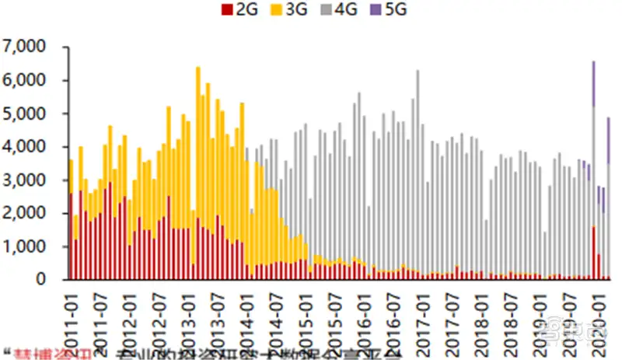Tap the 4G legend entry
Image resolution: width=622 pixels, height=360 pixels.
pyautogui.click(x=337, y=10)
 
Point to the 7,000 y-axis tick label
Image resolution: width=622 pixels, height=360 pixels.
pyautogui.click(x=25, y=47)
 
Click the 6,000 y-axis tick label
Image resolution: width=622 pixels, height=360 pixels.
pyautogui.click(x=25, y=81)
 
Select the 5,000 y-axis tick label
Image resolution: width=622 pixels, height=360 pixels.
pyautogui.click(x=25, y=114)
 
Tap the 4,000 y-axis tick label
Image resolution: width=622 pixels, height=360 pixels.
pyautogui.click(x=25, y=147)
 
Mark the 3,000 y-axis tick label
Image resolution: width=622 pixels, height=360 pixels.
pyautogui.click(x=25, y=180)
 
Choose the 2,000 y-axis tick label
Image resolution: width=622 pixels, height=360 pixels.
pyautogui.click(x=25, y=213)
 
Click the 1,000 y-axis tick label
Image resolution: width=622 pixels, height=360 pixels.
pyautogui.click(x=25, y=246)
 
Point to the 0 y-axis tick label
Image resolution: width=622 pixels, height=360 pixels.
pyautogui.click(x=44, y=279)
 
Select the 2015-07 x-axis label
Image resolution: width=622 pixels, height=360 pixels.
pyautogui.click(x=335, y=315)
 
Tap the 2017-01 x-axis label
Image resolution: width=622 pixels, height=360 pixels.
pyautogui.click(x=424, y=315)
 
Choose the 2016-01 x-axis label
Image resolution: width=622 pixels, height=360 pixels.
pyautogui.click(x=365, y=315)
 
